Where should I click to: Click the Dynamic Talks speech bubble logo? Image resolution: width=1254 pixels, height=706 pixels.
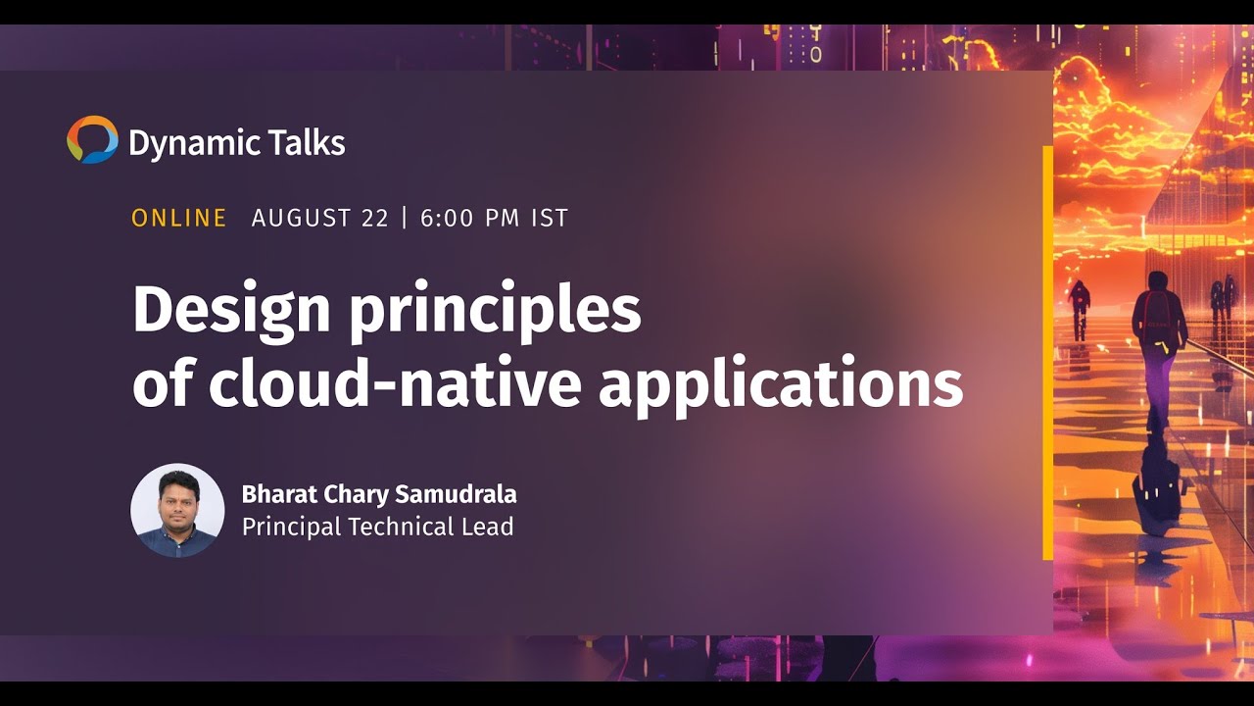click(x=92, y=139)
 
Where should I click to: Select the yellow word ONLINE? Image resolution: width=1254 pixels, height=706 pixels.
click(x=179, y=218)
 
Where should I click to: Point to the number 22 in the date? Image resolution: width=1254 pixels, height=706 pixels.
click(x=375, y=218)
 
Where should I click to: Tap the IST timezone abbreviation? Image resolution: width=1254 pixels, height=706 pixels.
click(x=550, y=218)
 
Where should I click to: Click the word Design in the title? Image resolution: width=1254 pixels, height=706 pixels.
click(x=231, y=311)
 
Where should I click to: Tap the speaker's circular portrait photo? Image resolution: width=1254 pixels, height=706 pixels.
click(x=177, y=511)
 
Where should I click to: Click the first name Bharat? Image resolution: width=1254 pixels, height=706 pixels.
click(x=275, y=493)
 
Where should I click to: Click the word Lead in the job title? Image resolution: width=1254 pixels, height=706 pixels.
click(x=486, y=527)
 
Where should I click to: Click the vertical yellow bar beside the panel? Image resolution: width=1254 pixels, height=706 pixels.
click(x=1047, y=353)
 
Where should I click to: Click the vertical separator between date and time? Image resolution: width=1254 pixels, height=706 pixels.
click(x=405, y=218)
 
